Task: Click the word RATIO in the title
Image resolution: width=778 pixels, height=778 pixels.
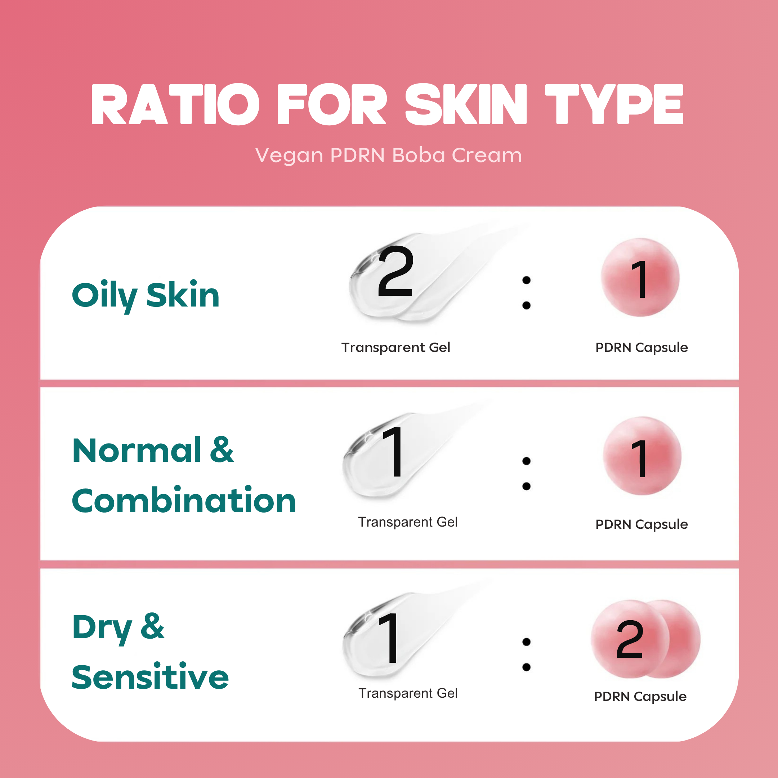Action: [x=175, y=104]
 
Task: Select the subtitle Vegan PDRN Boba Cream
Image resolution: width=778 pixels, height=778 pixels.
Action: [x=389, y=156]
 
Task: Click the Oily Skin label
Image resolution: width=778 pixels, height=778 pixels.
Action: [x=146, y=296]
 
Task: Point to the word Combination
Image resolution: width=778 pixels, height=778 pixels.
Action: [x=184, y=500]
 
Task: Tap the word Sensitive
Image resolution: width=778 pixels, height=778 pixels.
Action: [x=150, y=677]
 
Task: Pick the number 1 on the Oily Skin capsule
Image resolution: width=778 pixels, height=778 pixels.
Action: [x=639, y=279]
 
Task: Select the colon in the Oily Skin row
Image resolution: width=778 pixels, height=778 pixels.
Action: [x=526, y=293]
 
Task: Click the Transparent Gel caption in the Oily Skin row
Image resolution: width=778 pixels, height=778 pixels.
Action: [x=396, y=347]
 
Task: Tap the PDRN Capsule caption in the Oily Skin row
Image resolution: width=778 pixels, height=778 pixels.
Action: [x=642, y=347]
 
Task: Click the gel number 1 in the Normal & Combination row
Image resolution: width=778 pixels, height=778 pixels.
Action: [x=393, y=452]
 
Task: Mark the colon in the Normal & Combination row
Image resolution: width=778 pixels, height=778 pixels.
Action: [x=526, y=474]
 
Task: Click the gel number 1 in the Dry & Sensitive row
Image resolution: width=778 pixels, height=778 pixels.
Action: [x=389, y=638]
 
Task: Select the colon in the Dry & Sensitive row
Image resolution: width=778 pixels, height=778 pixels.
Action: [x=526, y=654]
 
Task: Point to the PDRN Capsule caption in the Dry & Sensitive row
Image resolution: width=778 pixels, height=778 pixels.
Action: [x=640, y=696]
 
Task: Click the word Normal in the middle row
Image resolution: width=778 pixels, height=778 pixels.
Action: [x=137, y=450]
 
